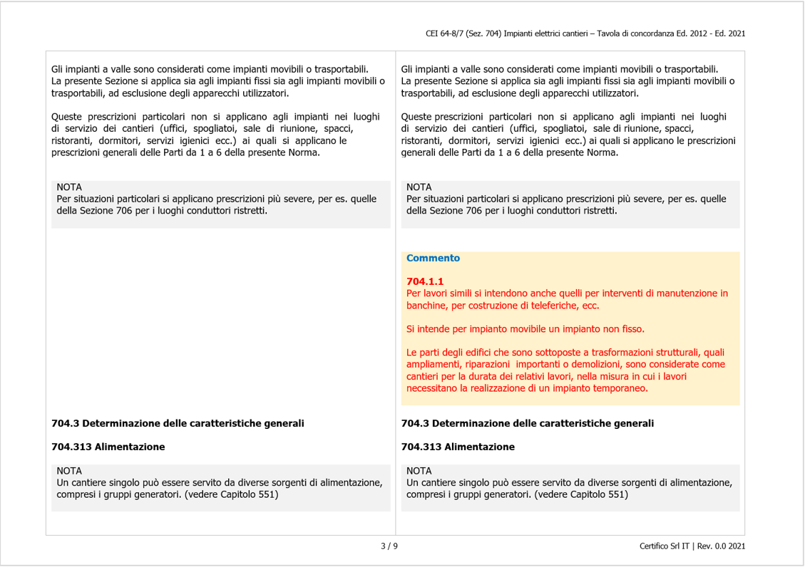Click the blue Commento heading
pyautogui.click(x=433, y=258)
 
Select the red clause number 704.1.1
pyautogui.click(x=425, y=281)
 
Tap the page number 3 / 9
pyautogui.click(x=389, y=546)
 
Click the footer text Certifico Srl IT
pyautogui.click(x=664, y=546)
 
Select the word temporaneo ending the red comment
pyautogui.click(x=622, y=388)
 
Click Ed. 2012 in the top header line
pyautogui.click(x=673, y=33)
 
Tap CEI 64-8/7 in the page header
pyautogui.click(x=443, y=33)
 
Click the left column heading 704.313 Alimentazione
pyautogui.click(x=108, y=447)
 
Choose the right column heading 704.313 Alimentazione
pyautogui.click(x=458, y=447)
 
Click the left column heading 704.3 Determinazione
pyautogui.click(x=178, y=423)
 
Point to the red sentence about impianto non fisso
pyautogui.click(x=525, y=329)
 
